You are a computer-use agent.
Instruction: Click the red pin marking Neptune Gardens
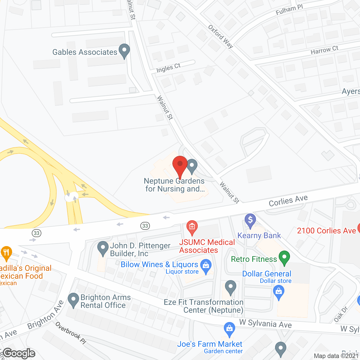pyautogui.click(x=180, y=166)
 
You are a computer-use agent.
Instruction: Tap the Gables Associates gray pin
pyautogui.click(x=124, y=51)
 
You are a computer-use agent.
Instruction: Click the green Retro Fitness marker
pyautogui.click(x=284, y=258)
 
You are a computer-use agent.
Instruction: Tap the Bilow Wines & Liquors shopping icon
pyautogui.click(x=206, y=266)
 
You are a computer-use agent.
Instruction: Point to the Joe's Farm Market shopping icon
pyautogui.click(x=229, y=329)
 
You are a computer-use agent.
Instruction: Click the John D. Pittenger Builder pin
pyautogui.click(x=103, y=248)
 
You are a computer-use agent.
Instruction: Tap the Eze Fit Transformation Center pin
pyautogui.click(x=230, y=287)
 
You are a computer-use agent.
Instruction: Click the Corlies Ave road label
pyautogui.click(x=288, y=201)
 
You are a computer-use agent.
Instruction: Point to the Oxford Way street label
pyautogui.click(x=221, y=37)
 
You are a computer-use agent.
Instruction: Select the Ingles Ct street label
pyautogui.click(x=168, y=68)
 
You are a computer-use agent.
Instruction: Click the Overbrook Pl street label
pyautogui.click(x=71, y=333)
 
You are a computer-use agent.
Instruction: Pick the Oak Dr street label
pyautogui.click(x=341, y=314)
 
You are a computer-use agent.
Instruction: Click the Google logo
pyautogui.click(x=19, y=353)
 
